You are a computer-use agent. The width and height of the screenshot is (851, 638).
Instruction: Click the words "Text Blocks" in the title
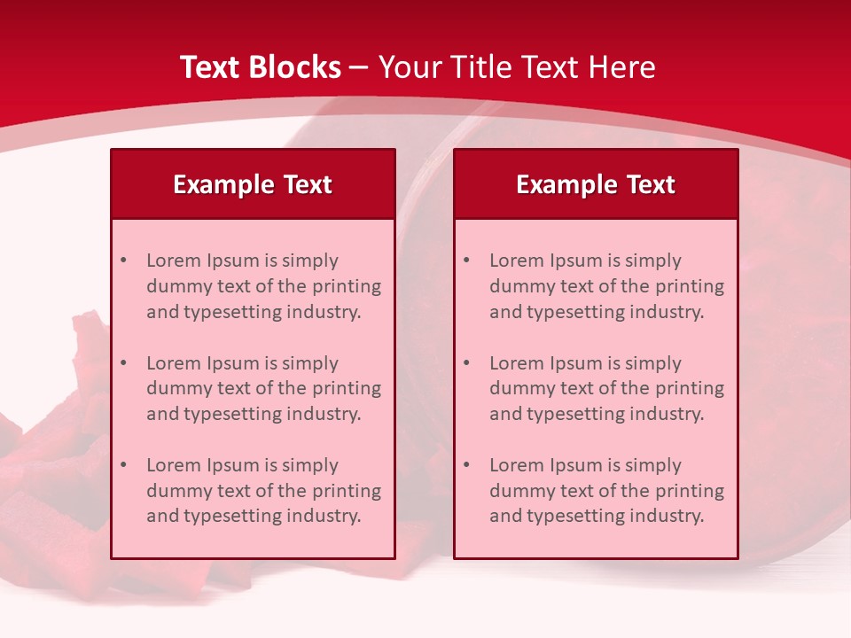tap(261, 67)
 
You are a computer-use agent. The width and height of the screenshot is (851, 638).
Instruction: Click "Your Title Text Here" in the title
tap(517, 67)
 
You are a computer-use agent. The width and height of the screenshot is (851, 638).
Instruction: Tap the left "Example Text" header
tap(253, 184)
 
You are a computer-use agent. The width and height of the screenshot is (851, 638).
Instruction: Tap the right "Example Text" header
tap(596, 184)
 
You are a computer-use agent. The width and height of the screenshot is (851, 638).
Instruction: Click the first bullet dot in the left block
tap(124, 261)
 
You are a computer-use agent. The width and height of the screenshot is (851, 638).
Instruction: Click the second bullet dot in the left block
tap(124, 363)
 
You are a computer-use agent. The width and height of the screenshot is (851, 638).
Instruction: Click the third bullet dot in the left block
tap(124, 465)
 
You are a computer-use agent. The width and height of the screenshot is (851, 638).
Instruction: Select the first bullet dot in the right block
tap(467, 261)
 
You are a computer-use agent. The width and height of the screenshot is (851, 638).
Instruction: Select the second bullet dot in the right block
tap(467, 363)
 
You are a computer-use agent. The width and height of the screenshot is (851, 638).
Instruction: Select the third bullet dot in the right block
tap(467, 465)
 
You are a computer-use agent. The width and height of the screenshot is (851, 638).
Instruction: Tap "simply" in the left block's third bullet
tap(310, 465)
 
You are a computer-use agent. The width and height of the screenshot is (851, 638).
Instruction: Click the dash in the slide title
tap(359, 68)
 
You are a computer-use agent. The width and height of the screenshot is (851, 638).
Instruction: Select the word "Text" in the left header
tap(308, 184)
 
